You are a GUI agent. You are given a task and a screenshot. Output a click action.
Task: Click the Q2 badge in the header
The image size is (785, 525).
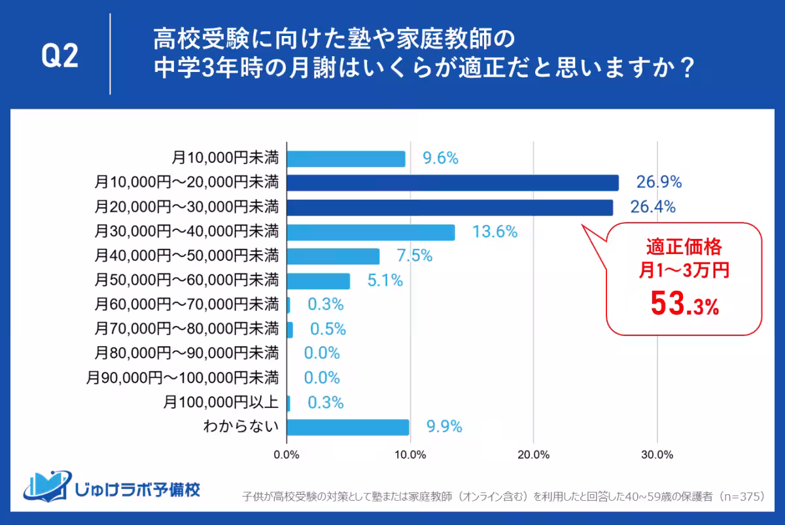click(60, 57)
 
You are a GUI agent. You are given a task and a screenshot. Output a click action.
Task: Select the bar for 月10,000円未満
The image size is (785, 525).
click(346, 158)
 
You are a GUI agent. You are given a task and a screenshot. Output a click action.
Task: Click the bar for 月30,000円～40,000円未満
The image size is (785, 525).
click(371, 232)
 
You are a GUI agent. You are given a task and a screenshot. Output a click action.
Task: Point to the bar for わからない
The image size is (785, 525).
click(348, 427)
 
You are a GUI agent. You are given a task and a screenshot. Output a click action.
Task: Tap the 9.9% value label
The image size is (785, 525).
click(444, 427)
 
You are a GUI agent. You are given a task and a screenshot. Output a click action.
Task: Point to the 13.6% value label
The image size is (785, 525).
click(495, 232)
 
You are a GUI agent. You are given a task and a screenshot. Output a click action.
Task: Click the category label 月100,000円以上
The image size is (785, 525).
click(221, 403)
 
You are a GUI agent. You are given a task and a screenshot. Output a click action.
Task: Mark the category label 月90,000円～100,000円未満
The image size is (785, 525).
click(183, 378)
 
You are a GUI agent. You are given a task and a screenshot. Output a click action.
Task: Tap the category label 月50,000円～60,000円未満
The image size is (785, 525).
click(186, 281)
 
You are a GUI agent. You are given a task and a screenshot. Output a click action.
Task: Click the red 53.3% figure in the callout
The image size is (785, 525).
click(684, 304)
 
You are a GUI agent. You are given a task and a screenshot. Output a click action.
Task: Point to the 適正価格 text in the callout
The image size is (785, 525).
click(684, 248)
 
